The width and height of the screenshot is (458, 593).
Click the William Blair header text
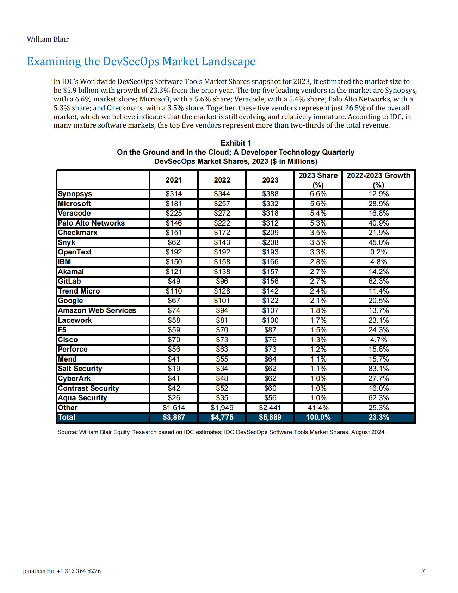[x=48, y=39]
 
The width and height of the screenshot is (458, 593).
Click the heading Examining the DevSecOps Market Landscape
[x=141, y=61]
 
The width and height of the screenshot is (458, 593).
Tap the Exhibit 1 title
[x=235, y=143]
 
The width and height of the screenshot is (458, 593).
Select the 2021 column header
[x=174, y=180]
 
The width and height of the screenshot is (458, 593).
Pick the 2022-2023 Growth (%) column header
[x=378, y=180]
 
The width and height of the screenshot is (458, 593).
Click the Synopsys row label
[x=75, y=194]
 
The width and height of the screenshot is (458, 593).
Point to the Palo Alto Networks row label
[x=91, y=223]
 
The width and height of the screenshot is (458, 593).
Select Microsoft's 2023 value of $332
[x=270, y=204]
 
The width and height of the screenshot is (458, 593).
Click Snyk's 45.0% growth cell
[x=378, y=242]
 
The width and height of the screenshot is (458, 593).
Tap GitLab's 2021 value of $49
[x=174, y=281]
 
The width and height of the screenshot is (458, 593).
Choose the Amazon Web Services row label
[x=97, y=310]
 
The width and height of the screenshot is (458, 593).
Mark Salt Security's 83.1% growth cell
[x=378, y=369]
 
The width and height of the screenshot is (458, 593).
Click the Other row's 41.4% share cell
[x=318, y=408]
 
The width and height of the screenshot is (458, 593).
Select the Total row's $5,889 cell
[x=270, y=417]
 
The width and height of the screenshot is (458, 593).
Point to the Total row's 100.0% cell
[x=318, y=417]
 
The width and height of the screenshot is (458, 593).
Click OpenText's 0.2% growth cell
[x=378, y=252]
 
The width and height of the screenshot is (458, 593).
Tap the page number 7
[x=423, y=571]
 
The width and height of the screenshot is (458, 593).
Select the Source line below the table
[x=221, y=432]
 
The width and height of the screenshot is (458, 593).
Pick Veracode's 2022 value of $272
[x=222, y=213]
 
